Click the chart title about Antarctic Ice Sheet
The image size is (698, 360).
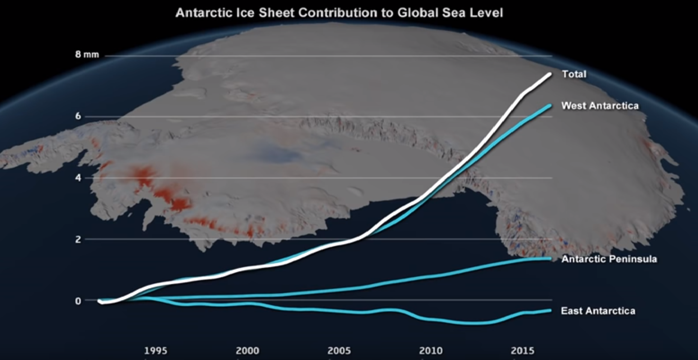[x=339, y=13]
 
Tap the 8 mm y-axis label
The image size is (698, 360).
[x=87, y=54]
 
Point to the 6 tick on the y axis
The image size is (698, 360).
[x=78, y=116]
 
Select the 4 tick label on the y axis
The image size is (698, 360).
[x=78, y=177]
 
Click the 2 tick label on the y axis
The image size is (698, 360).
[x=78, y=239]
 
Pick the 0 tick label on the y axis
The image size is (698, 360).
[x=78, y=301]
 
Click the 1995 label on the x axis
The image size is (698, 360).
[x=156, y=351]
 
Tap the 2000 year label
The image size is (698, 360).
[x=247, y=351]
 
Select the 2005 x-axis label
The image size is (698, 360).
[x=339, y=351]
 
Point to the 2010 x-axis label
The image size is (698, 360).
[x=431, y=351]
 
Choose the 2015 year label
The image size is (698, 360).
[x=522, y=351]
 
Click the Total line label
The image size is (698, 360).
[x=574, y=74]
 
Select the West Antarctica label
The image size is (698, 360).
[x=600, y=106]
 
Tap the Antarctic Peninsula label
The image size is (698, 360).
[x=609, y=259]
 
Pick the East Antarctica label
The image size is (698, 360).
[x=598, y=311]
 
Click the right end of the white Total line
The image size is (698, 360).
[x=550, y=74]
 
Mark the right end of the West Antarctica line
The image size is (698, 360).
[x=550, y=106]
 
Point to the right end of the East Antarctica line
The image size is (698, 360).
[x=550, y=310]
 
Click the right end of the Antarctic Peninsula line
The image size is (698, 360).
[x=550, y=259]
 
